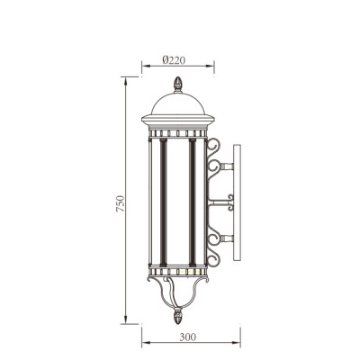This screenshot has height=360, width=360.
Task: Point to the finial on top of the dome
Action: click(177, 85)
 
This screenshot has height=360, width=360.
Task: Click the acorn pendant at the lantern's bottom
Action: click(177, 316)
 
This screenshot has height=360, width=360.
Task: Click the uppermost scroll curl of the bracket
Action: click(214, 146)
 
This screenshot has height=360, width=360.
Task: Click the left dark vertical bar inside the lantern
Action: click(162, 202)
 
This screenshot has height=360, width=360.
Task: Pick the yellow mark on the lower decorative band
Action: click(183, 269)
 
